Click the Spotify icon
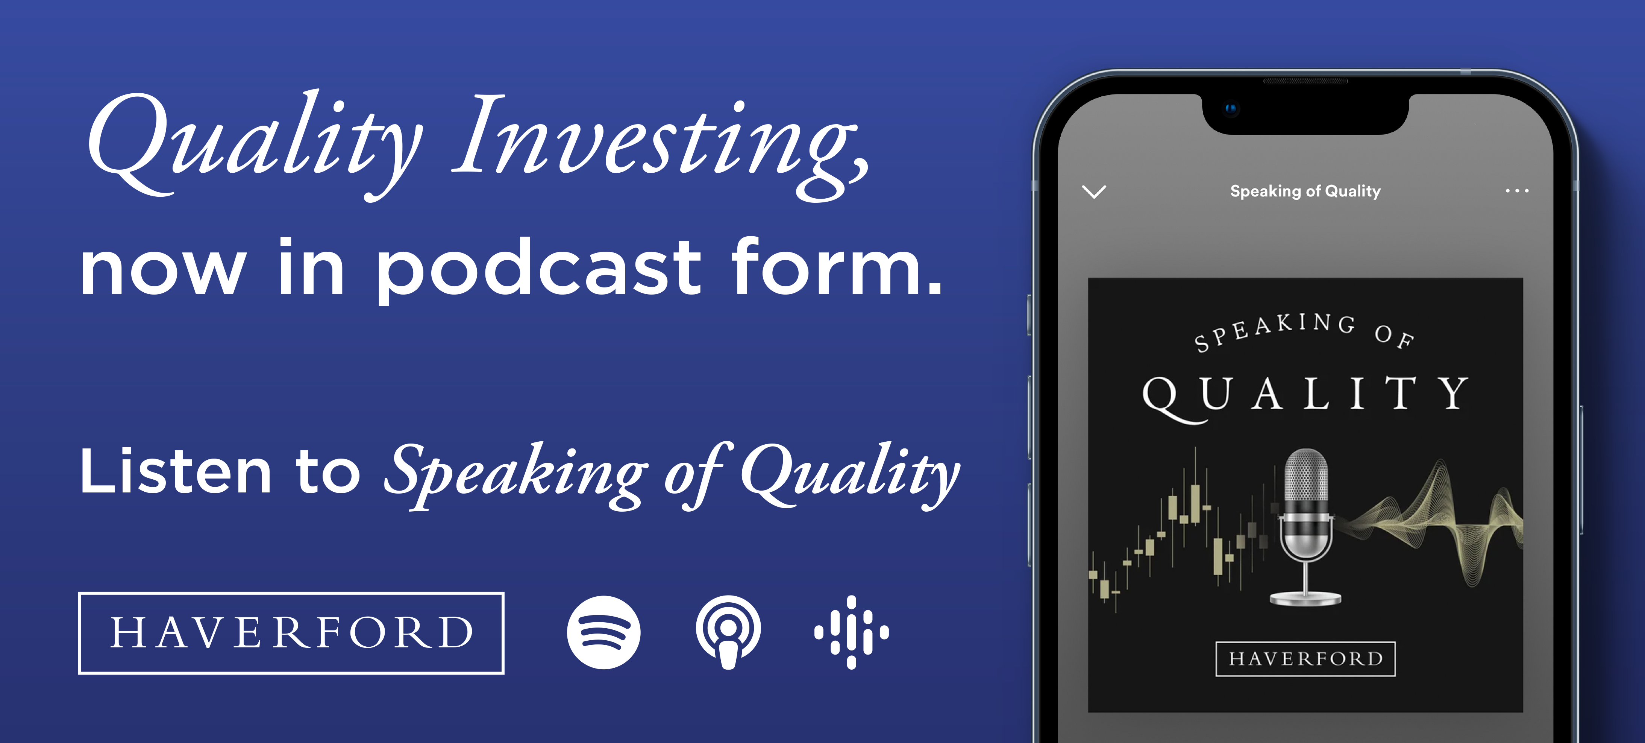(x=603, y=632)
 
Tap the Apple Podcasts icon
(x=728, y=632)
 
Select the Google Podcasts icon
(x=851, y=632)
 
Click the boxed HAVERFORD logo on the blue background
(x=291, y=632)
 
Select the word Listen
(x=176, y=471)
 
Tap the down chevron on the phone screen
(x=1094, y=191)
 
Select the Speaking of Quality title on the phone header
(x=1305, y=191)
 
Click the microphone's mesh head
(x=1306, y=476)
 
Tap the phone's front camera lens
(x=1231, y=109)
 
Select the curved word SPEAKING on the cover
(x=1274, y=330)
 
